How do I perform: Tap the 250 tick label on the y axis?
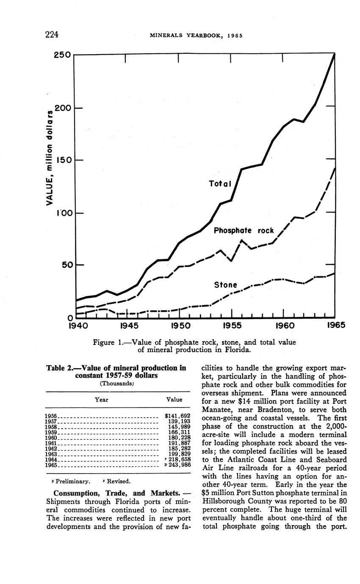(62, 55)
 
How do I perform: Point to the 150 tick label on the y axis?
(62, 160)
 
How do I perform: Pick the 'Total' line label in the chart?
(220, 184)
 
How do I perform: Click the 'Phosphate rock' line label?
(244, 231)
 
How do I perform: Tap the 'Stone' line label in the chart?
(225, 285)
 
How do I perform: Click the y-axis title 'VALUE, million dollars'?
(50, 158)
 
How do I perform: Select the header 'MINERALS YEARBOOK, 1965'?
(196, 35)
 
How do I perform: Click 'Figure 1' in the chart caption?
(106, 342)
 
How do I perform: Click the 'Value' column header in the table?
(174, 399)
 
